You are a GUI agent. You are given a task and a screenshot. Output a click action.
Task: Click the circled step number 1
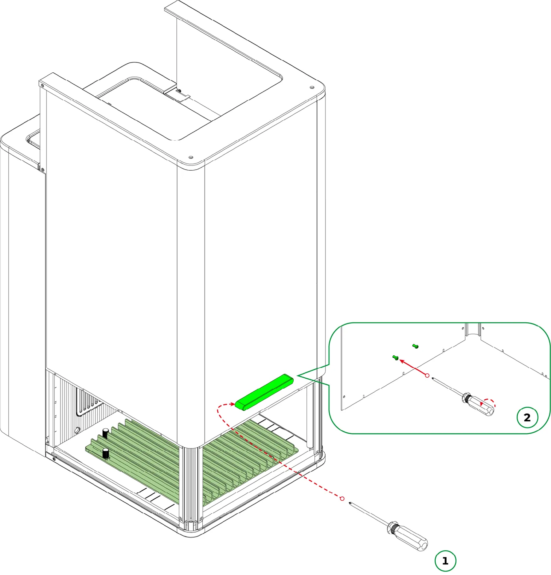(x=445, y=560)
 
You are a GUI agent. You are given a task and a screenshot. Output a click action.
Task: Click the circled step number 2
(x=527, y=417)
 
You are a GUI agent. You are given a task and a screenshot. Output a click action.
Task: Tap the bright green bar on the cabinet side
(x=264, y=392)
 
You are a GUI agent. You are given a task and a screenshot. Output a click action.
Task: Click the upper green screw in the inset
(x=415, y=346)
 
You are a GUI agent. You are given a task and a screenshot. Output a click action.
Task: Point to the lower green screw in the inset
(x=395, y=358)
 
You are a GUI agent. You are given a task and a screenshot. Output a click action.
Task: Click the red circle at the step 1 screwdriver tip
(x=342, y=499)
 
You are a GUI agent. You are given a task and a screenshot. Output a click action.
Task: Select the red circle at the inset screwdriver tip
(x=427, y=375)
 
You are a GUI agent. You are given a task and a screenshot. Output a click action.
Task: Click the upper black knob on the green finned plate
(x=105, y=433)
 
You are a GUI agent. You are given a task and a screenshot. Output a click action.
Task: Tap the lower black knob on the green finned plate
(x=105, y=453)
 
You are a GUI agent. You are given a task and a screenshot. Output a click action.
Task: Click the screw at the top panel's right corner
(x=311, y=88)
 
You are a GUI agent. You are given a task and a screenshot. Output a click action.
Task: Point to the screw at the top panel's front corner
(x=190, y=157)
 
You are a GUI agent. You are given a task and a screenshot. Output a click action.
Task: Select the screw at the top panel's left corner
(x=43, y=86)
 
